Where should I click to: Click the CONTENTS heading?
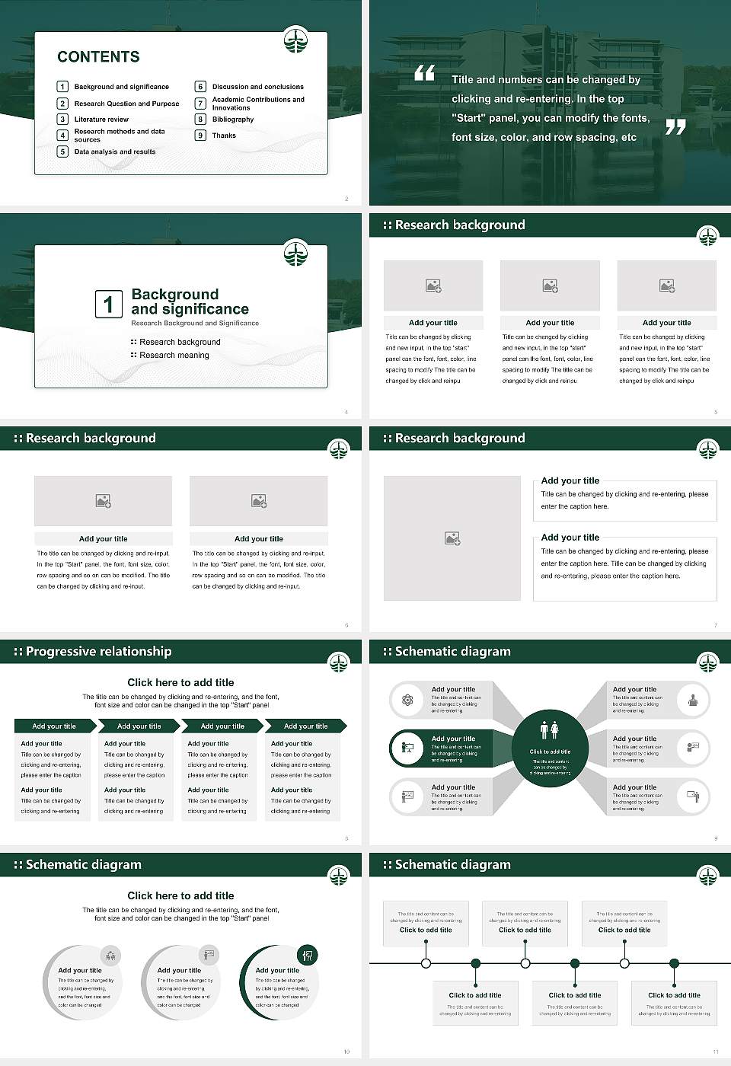pyautogui.click(x=98, y=57)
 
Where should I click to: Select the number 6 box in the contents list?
pyautogui.click(x=200, y=87)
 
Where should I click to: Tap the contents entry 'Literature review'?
pyautogui.click(x=101, y=120)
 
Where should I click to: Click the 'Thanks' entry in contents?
pyautogui.click(x=224, y=136)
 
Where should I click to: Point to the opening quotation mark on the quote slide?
pyautogui.click(x=425, y=73)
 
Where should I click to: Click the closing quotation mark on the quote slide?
pyautogui.click(x=675, y=127)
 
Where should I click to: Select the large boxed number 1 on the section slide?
pyautogui.click(x=108, y=304)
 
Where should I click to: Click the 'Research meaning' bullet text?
pyautogui.click(x=174, y=356)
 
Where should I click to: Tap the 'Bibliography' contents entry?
pyautogui.click(x=233, y=120)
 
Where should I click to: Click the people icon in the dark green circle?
pyautogui.click(x=550, y=730)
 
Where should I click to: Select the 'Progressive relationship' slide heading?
pyautogui.click(x=98, y=652)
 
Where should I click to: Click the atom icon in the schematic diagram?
pyautogui.click(x=407, y=700)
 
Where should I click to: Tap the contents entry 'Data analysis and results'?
pyautogui.click(x=115, y=152)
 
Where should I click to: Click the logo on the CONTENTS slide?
pyautogui.click(x=295, y=40)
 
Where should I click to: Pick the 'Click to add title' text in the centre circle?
pyautogui.click(x=550, y=752)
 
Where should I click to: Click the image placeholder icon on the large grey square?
pyautogui.click(x=452, y=538)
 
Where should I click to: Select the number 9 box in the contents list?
pyautogui.click(x=200, y=136)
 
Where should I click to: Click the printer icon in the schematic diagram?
pyautogui.click(x=693, y=700)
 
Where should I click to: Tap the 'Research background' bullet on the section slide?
pyautogui.click(x=180, y=342)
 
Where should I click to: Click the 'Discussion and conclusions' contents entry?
pyautogui.click(x=257, y=87)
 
